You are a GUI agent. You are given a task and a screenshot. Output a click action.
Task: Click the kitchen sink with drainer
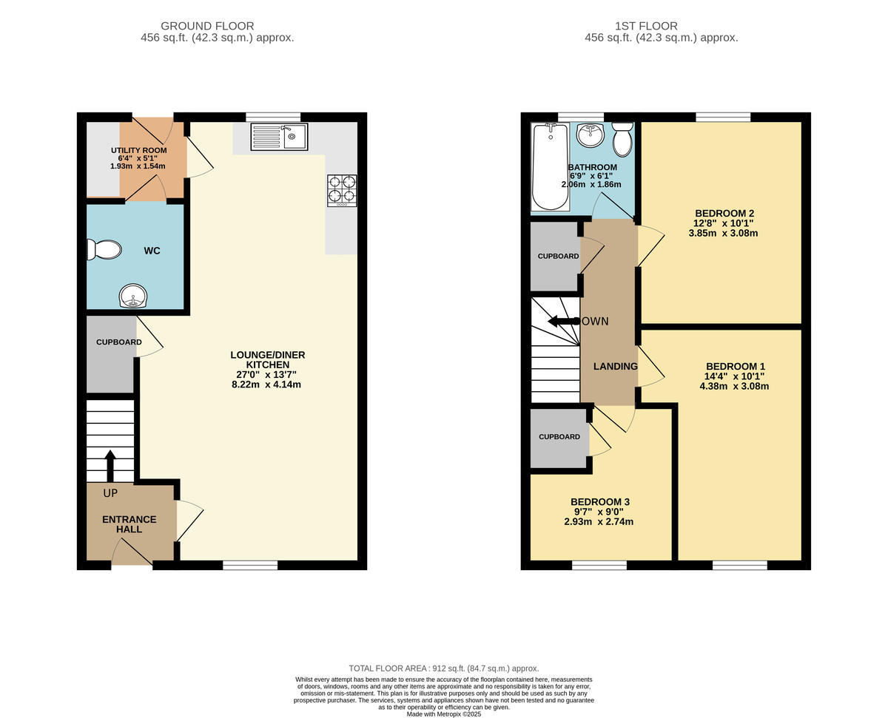(279, 137)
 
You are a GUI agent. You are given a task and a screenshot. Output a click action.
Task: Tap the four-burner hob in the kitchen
(342, 190)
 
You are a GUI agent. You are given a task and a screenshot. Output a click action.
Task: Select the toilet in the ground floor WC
(104, 250)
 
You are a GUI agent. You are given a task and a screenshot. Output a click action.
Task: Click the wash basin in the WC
(133, 296)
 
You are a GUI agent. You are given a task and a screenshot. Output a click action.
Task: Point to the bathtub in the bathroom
(551, 166)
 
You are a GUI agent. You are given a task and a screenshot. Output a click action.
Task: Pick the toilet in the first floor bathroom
(622, 139)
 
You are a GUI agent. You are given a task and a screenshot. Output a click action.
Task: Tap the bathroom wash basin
(591, 135)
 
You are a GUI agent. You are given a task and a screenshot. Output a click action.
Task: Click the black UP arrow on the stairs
(110, 466)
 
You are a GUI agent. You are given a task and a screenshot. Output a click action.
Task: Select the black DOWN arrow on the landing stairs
(564, 321)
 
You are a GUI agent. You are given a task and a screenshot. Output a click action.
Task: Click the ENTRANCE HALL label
(129, 524)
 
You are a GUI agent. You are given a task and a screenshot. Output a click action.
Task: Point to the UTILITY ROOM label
(139, 150)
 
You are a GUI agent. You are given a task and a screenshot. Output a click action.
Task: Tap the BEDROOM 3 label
(600, 502)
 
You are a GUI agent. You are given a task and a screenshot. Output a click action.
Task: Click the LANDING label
(616, 366)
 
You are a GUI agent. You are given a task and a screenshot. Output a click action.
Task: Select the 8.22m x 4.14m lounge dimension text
(266, 385)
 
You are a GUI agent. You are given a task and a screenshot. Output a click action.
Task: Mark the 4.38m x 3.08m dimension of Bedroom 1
(734, 386)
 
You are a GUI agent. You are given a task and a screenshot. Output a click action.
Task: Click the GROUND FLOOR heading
(207, 26)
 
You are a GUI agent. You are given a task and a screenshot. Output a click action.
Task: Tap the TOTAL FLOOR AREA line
(444, 668)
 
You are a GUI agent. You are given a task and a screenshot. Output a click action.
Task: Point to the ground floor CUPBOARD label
(119, 342)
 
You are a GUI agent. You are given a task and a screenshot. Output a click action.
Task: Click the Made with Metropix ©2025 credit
(444, 714)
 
